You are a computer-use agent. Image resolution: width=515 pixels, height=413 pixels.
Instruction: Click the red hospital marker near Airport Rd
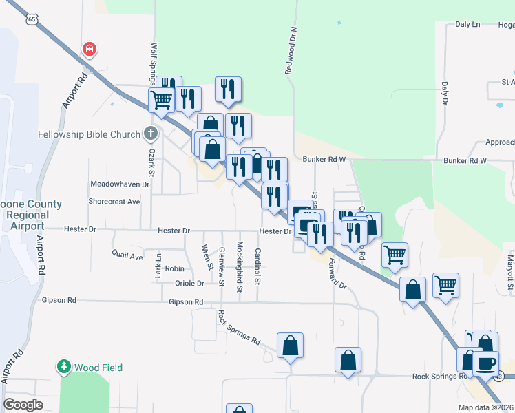pyautogui.click(x=89, y=50)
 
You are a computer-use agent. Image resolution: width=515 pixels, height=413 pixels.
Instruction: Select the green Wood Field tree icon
pyautogui.click(x=64, y=367)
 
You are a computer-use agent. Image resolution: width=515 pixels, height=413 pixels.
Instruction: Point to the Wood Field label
pyautogui.click(x=99, y=368)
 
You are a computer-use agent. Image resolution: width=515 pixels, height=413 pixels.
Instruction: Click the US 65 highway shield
pyautogui.click(x=32, y=19)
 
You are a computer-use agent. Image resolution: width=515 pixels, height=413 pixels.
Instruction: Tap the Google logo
pyautogui.click(x=23, y=405)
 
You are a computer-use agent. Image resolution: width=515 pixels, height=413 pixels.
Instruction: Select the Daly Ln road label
pyautogui.click(x=467, y=25)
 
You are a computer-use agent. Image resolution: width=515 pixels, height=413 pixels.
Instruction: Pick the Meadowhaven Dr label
pyautogui.click(x=120, y=184)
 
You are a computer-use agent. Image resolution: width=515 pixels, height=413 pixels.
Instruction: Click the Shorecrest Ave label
pyautogui.click(x=114, y=202)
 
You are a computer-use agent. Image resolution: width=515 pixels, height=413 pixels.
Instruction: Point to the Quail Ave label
pyautogui.click(x=127, y=255)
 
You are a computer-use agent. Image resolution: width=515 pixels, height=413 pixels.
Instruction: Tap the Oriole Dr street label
pyautogui.click(x=190, y=283)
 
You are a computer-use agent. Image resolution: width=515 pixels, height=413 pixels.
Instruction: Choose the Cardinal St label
pyautogui.click(x=258, y=266)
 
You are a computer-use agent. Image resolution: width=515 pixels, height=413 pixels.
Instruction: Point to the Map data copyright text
pyautogui.click(x=485, y=407)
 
